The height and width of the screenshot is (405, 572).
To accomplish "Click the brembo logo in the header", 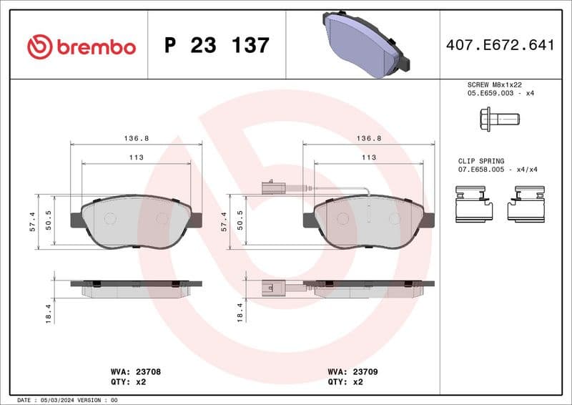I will pos(81,46).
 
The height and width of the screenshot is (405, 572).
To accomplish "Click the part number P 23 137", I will pos(217,46).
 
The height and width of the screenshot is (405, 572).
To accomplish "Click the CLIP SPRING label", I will pos(481,161).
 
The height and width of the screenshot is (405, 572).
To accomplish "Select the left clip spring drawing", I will pos(473,203).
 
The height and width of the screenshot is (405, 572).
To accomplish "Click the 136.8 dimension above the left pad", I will pos(136,138).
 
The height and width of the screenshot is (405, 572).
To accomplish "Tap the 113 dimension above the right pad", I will pos(368,157).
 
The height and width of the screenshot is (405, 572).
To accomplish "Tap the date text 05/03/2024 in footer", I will pos(59,400).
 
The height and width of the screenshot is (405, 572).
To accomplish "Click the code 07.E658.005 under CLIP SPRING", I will pos(483,170).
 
